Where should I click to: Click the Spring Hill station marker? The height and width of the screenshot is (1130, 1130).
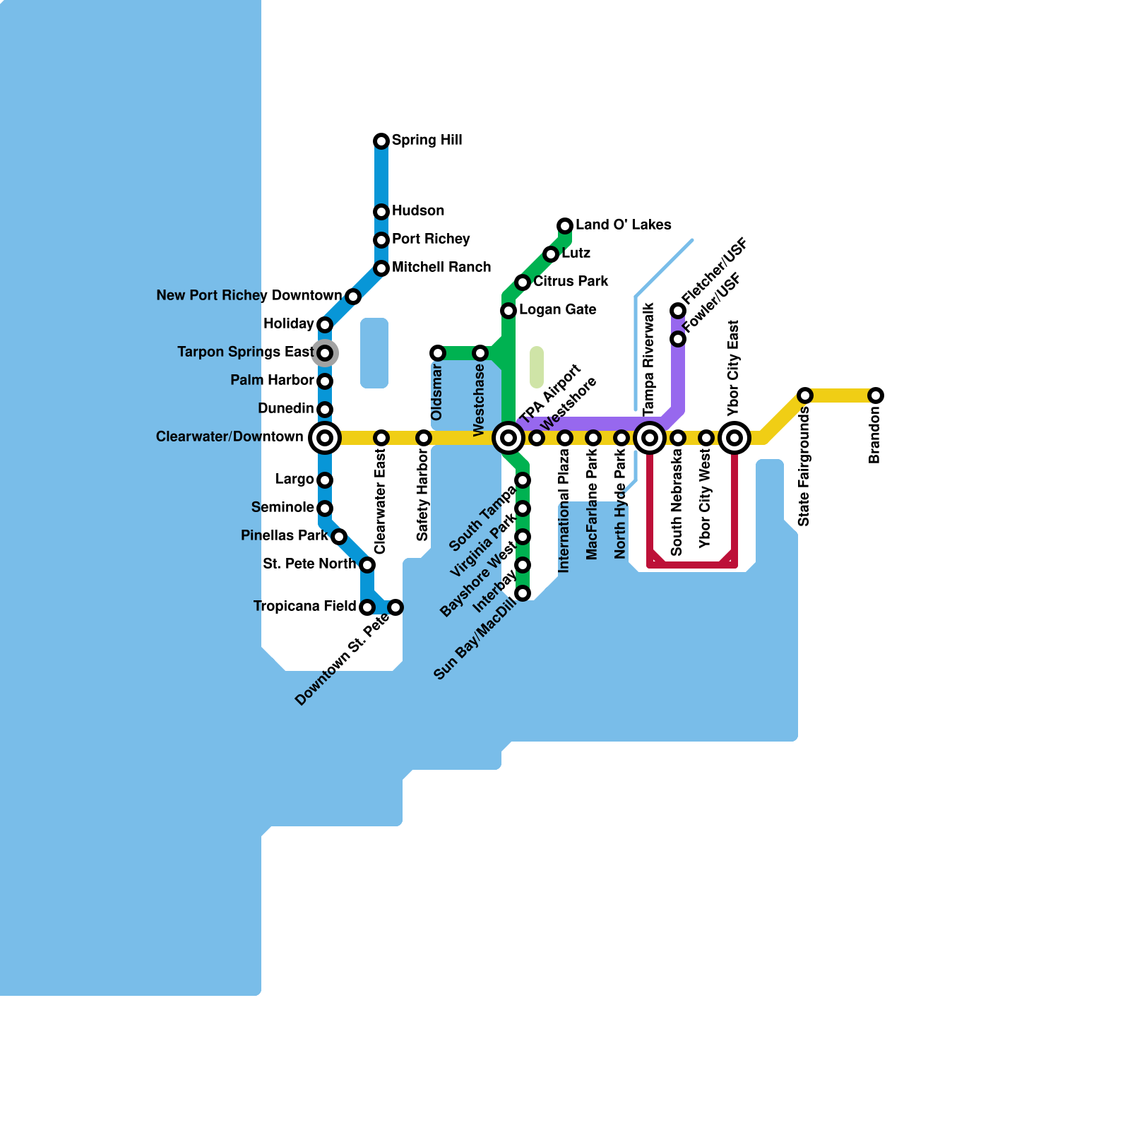381,141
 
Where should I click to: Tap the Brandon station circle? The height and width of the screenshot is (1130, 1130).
876,395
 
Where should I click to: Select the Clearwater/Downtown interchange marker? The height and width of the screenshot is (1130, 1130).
325,438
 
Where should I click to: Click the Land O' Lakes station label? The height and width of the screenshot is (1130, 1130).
623,225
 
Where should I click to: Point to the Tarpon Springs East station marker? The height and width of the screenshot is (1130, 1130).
325,352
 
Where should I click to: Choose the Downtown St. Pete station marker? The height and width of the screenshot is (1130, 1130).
395,607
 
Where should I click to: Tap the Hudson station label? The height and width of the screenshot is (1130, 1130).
418,210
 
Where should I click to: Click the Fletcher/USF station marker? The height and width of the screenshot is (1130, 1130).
678,311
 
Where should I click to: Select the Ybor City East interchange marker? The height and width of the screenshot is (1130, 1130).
734,438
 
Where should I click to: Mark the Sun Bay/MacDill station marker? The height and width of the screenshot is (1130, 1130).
523,593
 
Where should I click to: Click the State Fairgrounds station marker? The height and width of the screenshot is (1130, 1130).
805,395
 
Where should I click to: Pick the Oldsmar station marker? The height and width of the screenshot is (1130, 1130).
438,353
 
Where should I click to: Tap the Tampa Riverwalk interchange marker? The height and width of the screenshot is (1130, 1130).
650,438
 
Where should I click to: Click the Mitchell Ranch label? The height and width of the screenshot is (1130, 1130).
441,267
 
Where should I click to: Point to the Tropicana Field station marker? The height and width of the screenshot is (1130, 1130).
367,607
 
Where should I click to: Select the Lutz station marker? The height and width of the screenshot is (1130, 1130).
551,254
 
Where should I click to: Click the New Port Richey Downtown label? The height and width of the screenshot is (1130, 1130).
249,295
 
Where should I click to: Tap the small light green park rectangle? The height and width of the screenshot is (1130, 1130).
537,367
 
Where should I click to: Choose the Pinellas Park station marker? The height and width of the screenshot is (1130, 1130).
339,537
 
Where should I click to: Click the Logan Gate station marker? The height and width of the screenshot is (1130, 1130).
509,311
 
